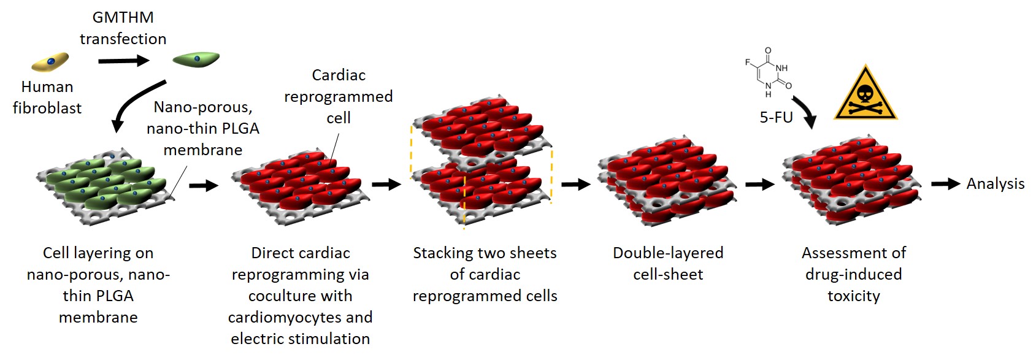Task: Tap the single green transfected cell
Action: (x=196, y=59)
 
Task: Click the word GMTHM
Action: (x=123, y=17)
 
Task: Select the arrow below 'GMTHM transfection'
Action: (x=123, y=61)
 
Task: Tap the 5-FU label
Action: (x=776, y=117)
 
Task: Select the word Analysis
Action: (x=995, y=183)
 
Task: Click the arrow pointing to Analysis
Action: (x=945, y=183)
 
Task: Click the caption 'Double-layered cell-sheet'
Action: (x=668, y=263)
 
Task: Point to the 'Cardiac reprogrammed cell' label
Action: (x=339, y=96)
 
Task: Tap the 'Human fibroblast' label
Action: (x=47, y=97)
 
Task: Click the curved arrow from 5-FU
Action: (x=805, y=111)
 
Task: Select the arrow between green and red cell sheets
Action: (x=204, y=185)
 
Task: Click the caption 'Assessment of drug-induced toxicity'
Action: (x=853, y=274)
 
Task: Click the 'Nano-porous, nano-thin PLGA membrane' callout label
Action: (x=203, y=128)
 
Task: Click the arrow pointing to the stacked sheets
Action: (x=386, y=184)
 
